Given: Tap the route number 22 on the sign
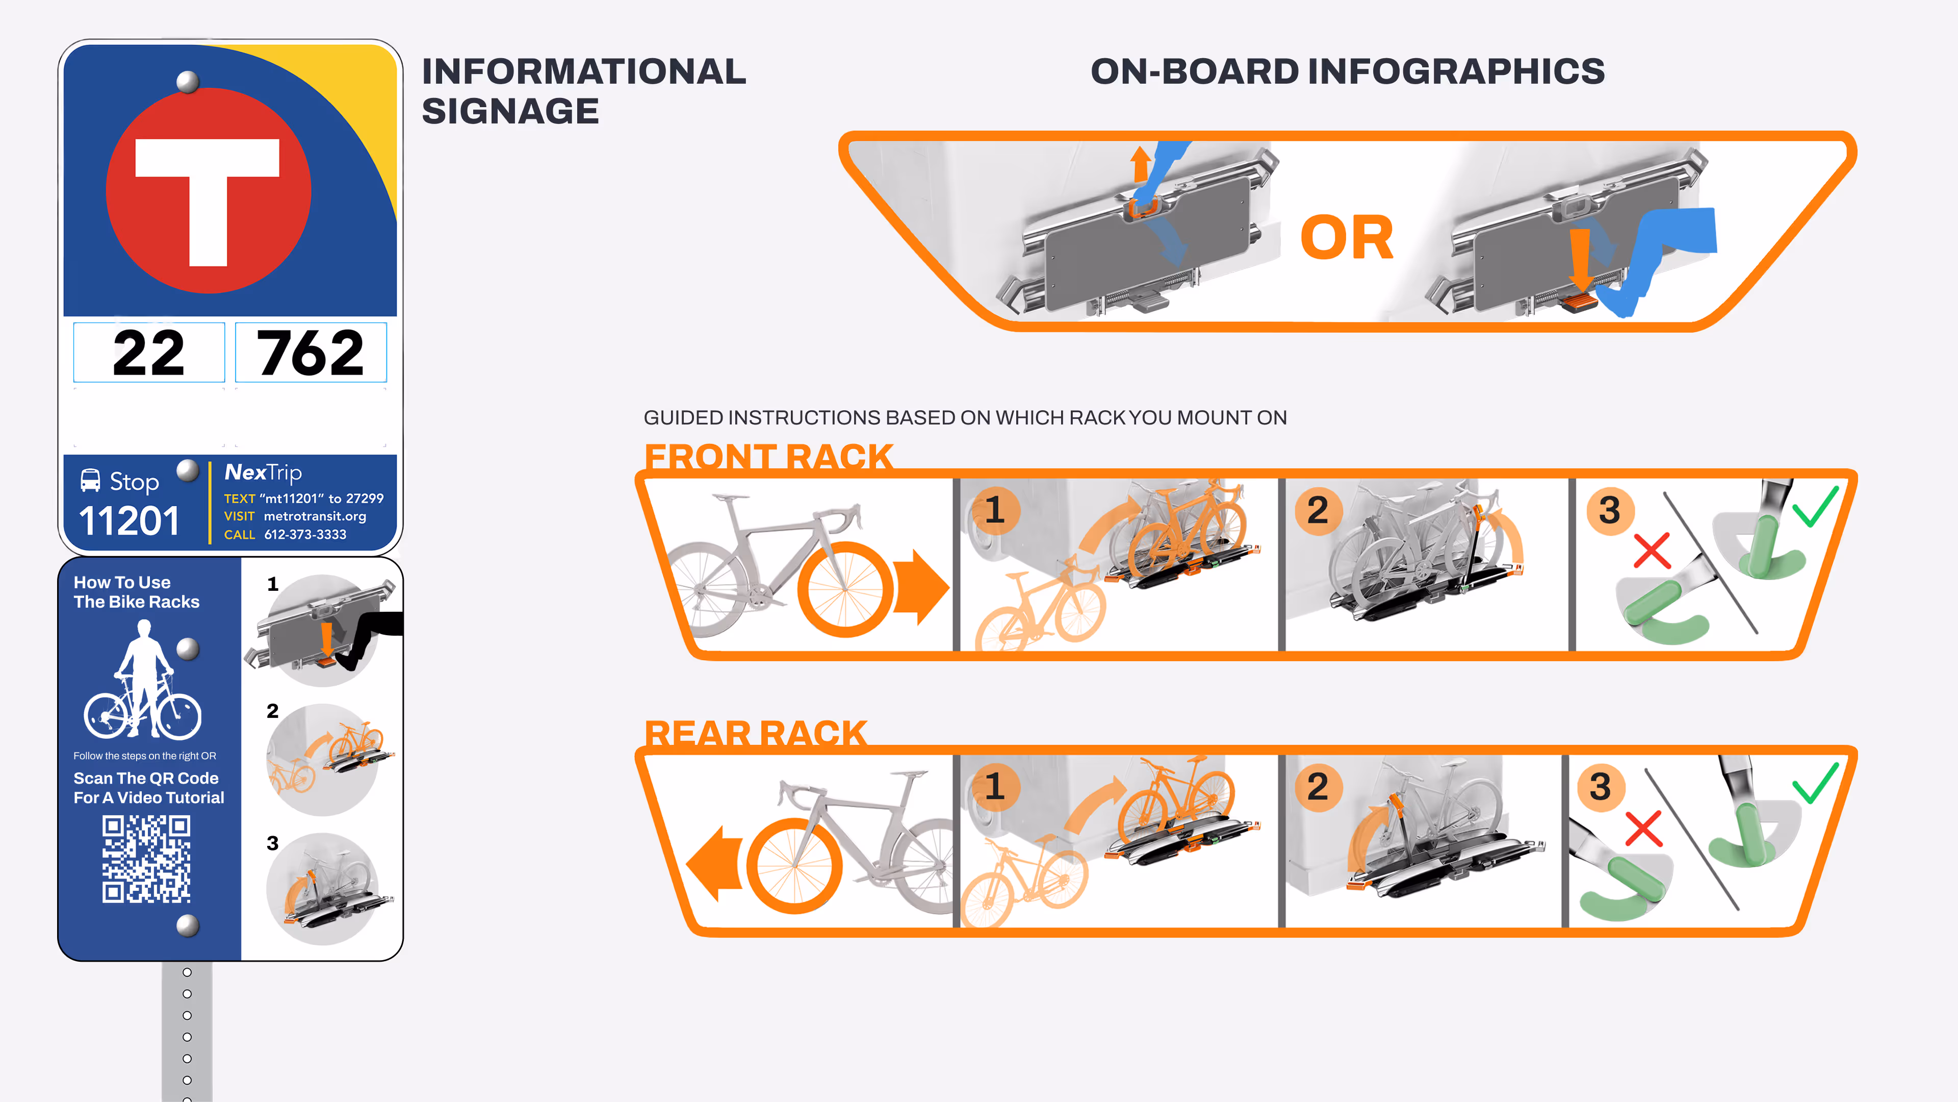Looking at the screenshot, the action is point(149,354).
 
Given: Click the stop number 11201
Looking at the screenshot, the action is point(128,521).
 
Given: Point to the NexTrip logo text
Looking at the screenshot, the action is point(263,473).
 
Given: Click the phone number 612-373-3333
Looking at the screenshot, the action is point(305,535).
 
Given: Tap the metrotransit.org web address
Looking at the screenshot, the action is point(315,516).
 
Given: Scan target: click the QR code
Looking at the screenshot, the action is point(147,859).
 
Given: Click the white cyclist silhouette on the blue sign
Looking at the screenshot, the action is point(143,680).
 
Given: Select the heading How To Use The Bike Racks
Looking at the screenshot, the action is point(136,592).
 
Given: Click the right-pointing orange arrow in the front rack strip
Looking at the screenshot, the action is point(922,587).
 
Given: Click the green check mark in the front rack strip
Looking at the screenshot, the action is point(1816,506).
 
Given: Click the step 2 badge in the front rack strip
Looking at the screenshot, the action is point(1318,510).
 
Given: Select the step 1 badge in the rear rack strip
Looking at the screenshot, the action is point(994,786).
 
